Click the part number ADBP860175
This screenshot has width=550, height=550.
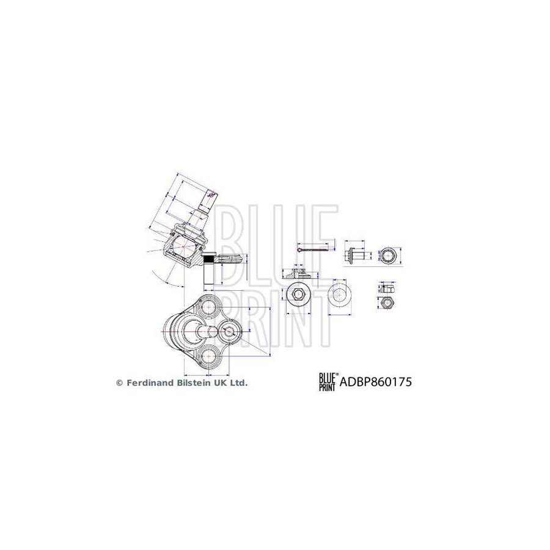tap(373, 383)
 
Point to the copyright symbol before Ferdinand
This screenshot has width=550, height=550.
tap(119, 383)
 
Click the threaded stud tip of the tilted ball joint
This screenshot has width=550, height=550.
tap(210, 196)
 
